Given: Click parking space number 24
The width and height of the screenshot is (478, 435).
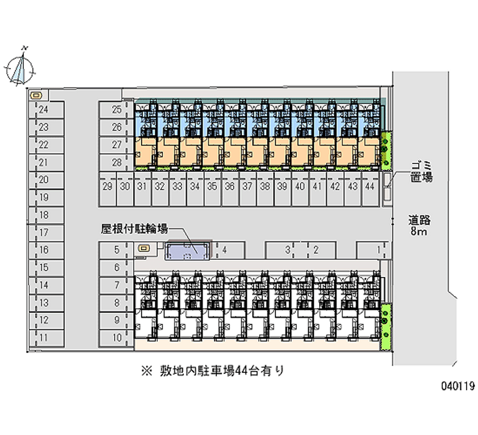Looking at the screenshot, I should [45, 109].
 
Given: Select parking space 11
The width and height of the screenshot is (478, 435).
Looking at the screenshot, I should [45, 337].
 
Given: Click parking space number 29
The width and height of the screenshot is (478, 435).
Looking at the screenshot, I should [108, 187].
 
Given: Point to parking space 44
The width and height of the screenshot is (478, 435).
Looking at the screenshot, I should [370, 187].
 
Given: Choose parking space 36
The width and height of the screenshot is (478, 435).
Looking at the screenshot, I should [230, 187].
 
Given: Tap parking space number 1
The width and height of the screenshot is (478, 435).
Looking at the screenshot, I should [373, 250].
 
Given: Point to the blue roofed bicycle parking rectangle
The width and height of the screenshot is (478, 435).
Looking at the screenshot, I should [189, 251].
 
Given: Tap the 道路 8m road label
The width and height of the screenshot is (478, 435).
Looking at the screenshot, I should [420, 225].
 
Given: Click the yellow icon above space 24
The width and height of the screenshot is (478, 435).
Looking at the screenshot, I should [38, 95].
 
